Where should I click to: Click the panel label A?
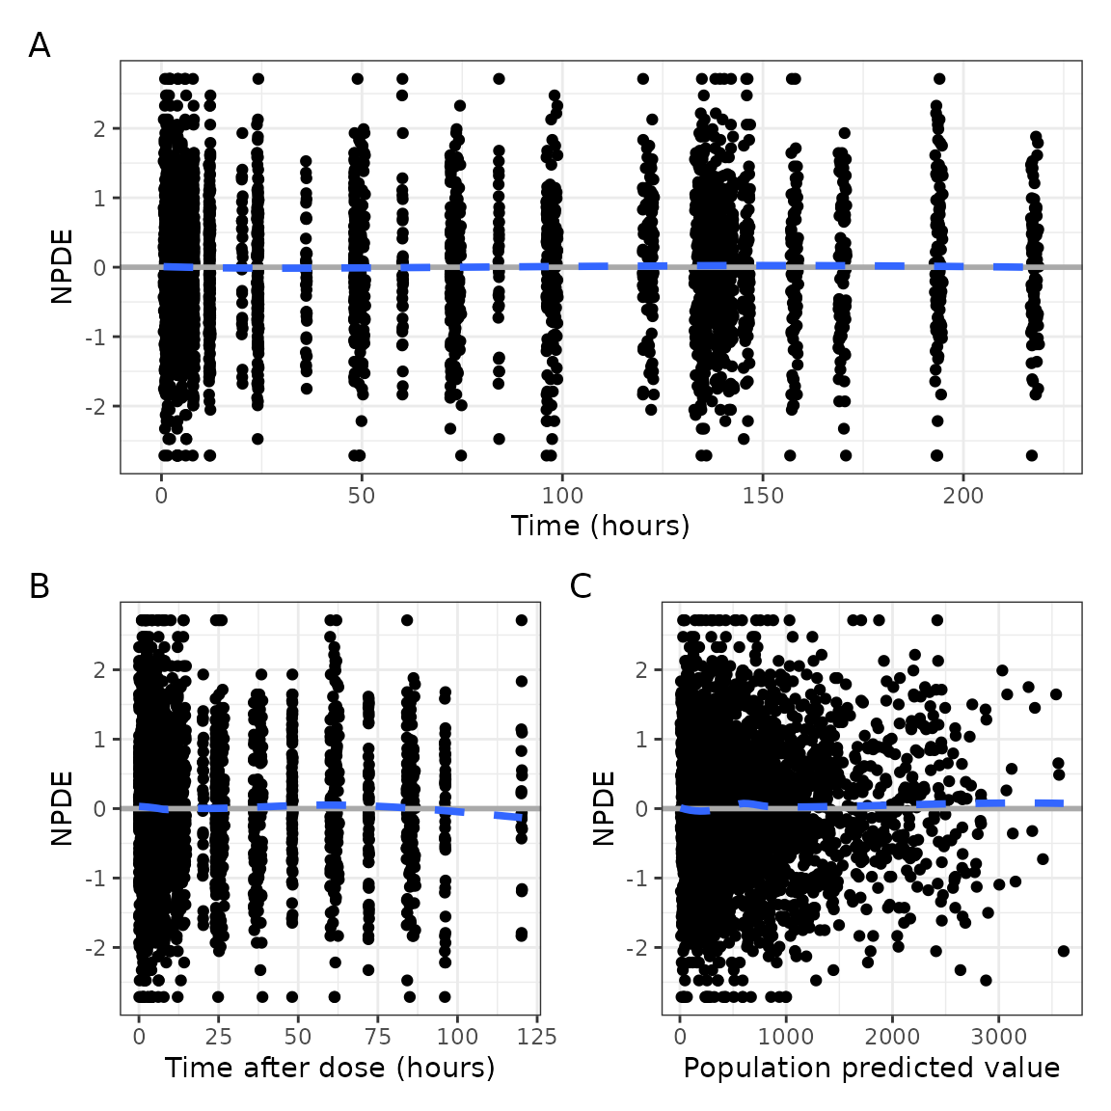tap(40, 45)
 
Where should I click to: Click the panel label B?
tap(40, 586)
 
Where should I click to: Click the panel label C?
tap(581, 586)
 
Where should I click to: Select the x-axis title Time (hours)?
tap(600, 526)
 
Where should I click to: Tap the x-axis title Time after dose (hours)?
tap(330, 1068)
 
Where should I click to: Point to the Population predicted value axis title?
tap(871, 1068)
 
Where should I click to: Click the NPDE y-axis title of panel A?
tap(63, 267)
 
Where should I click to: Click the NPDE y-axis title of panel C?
tap(605, 808)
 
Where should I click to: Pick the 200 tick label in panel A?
tap(963, 497)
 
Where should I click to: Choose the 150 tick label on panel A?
tap(763, 497)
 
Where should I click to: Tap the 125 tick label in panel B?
tap(536, 1038)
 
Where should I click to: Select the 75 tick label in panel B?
tap(378, 1038)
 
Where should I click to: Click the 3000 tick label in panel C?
tap(998, 1038)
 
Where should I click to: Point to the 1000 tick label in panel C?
tap(786, 1038)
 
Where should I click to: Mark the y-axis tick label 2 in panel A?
tap(100, 129)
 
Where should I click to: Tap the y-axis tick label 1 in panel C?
tap(642, 740)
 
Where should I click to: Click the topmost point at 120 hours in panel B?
tap(522, 620)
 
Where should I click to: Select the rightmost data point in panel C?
tap(1064, 951)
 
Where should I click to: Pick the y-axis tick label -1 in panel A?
tap(95, 338)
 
